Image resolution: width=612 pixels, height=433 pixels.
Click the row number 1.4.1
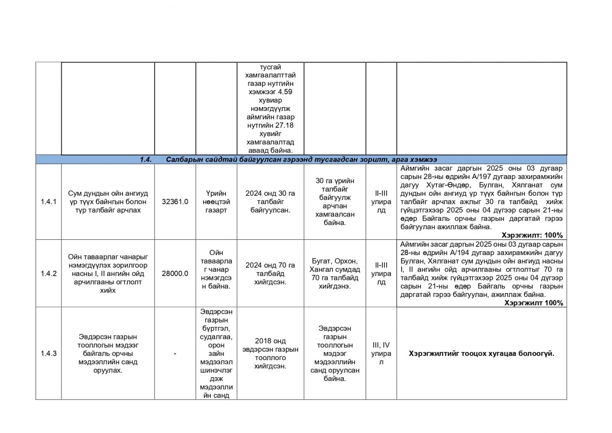(49, 202)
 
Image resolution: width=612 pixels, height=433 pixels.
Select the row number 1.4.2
(49, 273)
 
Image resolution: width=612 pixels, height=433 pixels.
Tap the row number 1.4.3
(49, 353)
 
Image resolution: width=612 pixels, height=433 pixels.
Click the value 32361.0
(175, 202)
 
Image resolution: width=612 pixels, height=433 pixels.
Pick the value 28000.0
(175, 273)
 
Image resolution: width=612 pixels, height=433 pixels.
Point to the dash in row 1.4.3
(175, 353)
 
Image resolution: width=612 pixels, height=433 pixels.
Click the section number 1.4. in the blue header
(146, 160)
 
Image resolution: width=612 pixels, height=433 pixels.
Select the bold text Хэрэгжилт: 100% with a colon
(532, 235)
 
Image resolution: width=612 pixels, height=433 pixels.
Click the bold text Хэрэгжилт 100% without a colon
(534, 303)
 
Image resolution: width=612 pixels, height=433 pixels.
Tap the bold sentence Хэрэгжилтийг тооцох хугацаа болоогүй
(481, 353)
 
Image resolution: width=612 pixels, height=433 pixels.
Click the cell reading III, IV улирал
(381, 353)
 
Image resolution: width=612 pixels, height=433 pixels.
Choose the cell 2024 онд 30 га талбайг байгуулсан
(270, 202)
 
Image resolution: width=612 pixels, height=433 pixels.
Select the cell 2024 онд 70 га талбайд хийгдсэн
(270, 273)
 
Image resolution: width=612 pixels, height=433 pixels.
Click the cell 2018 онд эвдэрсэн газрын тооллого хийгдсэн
(270, 353)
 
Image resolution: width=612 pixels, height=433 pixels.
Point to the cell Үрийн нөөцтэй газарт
(216, 202)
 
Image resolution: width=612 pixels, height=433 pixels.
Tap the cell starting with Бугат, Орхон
(335, 273)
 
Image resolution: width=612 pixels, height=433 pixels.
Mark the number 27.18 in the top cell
(284, 125)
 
